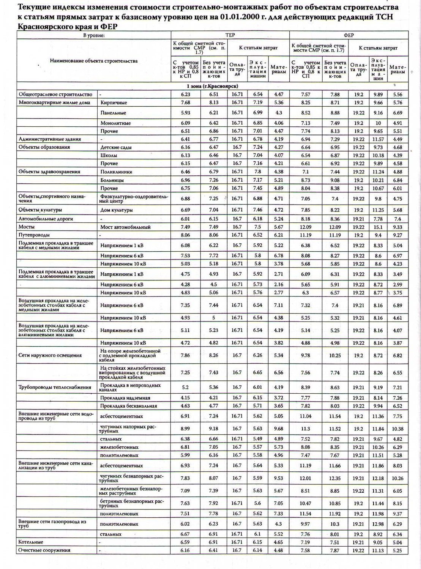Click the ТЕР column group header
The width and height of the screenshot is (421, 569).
[x=230, y=35]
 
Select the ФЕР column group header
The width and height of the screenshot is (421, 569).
[x=348, y=35]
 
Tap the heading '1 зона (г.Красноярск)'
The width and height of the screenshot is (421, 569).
[x=212, y=86]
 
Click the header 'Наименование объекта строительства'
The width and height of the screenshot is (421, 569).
[x=93, y=61]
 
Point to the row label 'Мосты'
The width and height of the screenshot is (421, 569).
[x=27, y=227]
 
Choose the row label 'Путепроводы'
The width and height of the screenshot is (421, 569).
[x=34, y=235]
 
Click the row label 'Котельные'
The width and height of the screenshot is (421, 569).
[x=30, y=542]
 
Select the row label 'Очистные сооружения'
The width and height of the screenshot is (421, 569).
[x=44, y=550]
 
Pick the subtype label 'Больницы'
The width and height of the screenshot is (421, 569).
[x=112, y=180]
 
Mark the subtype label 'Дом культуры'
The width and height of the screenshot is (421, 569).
[x=116, y=210]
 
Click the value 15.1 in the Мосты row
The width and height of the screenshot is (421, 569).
[x=378, y=227]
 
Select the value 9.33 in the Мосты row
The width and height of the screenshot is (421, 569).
[x=397, y=227]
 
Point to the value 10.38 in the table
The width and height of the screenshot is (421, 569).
[x=397, y=429]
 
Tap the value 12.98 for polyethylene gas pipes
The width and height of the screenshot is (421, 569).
[x=378, y=524]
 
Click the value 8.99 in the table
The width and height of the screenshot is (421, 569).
[x=185, y=429]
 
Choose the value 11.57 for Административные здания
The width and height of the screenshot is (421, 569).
[x=378, y=139]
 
